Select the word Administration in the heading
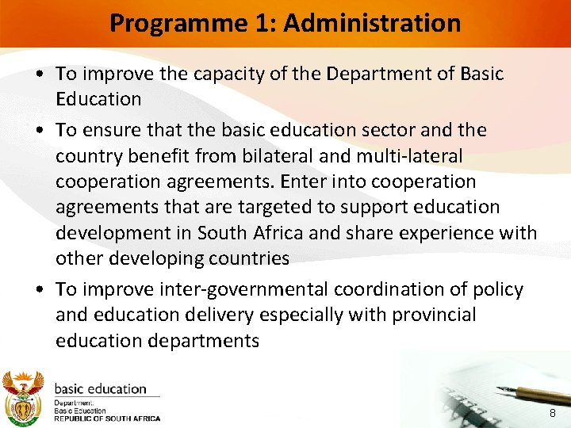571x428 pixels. coord(371,23)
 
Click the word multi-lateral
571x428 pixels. coord(422,155)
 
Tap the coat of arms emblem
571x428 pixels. coord(22,396)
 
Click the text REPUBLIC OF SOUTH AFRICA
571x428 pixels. coord(107,418)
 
